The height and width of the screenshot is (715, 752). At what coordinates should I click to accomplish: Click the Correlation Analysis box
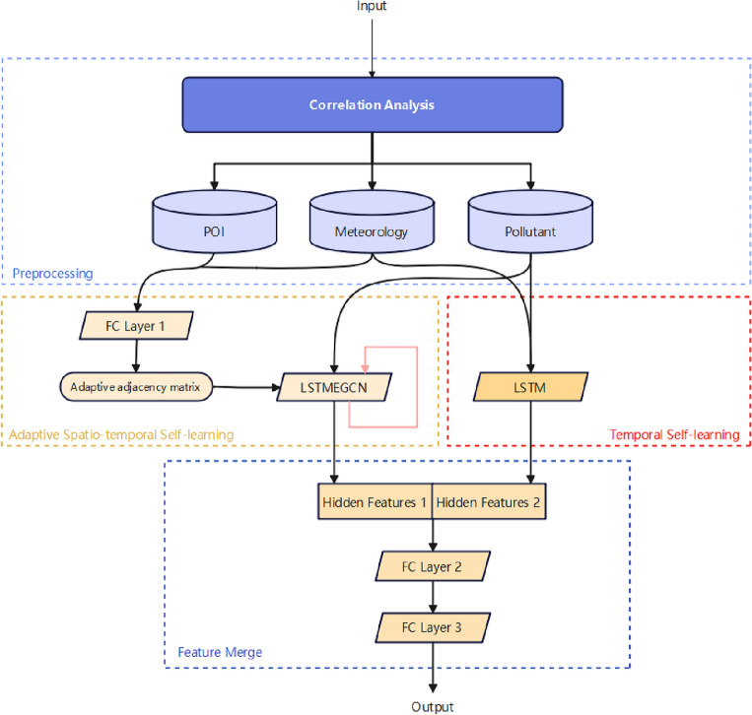coord(372,103)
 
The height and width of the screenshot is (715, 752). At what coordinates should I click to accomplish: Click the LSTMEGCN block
coord(334,388)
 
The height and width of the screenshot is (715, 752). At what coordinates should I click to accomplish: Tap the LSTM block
coord(531,388)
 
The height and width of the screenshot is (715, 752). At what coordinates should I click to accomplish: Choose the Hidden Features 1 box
coord(374,502)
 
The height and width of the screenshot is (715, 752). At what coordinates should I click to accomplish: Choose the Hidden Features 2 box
coord(490,502)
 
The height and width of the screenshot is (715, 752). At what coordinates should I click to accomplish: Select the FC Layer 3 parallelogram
coord(432,625)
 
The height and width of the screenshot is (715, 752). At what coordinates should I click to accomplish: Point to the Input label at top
coord(372,7)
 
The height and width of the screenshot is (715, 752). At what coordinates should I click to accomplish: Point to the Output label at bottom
coord(433,706)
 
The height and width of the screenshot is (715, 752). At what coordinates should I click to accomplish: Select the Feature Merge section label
coord(220,653)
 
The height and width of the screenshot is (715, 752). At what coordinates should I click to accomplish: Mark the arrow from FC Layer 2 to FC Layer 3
coord(432,596)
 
